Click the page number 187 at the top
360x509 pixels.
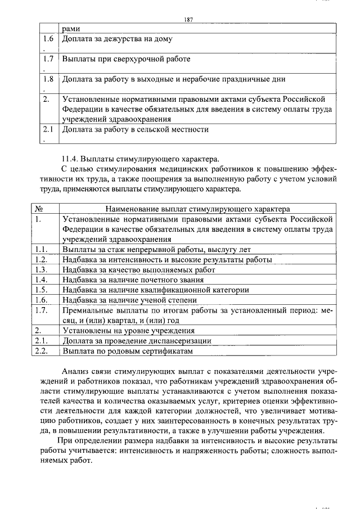tap(188, 20)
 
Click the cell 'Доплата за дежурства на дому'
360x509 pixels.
tap(117, 39)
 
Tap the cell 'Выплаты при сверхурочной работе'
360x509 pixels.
tap(126, 59)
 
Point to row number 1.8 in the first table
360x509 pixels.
tap(48, 79)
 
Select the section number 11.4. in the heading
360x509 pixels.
tap(71, 157)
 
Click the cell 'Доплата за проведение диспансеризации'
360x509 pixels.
tap(137, 340)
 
